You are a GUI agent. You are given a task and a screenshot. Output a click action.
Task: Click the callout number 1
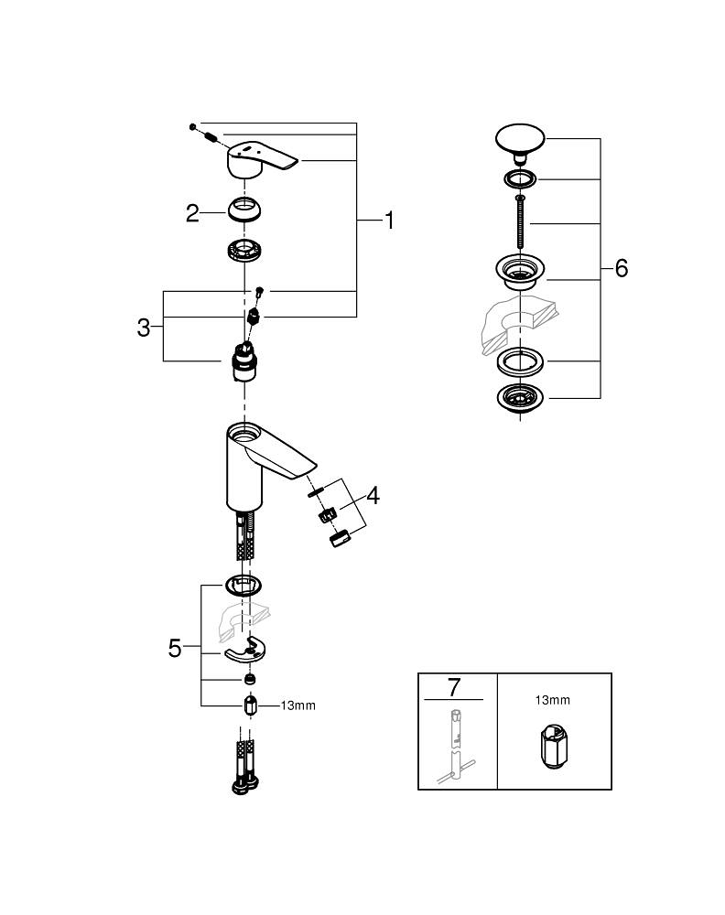point(389,221)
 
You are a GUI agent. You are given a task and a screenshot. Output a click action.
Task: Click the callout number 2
point(192,213)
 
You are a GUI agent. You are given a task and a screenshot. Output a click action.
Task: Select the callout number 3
point(144,328)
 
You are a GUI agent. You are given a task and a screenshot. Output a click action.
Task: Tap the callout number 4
point(373,496)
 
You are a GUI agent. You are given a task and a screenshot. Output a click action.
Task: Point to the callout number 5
point(176,648)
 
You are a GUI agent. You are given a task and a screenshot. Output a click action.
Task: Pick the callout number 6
point(621,269)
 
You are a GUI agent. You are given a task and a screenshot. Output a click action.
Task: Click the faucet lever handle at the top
point(261,159)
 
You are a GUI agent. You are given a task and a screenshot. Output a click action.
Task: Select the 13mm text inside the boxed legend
point(552,700)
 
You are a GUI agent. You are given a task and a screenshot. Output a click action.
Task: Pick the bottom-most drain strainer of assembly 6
point(519,398)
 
